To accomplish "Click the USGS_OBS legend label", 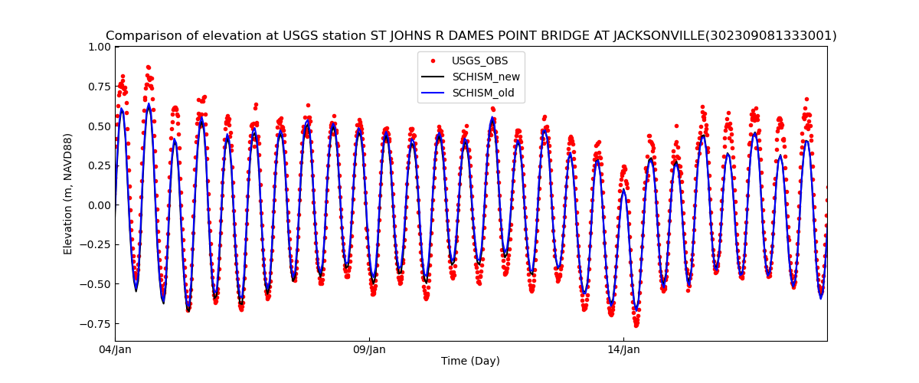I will [x=479, y=61].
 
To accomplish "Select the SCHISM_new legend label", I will [x=486, y=77].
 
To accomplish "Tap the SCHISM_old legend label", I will [x=482, y=93].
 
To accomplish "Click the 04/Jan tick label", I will [x=115, y=350].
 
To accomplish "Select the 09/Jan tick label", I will [x=369, y=350].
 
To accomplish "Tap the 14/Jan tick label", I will [x=623, y=350].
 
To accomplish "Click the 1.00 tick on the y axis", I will [x=99, y=47].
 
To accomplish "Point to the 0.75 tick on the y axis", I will [x=99, y=87].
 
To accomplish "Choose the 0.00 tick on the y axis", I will [x=99, y=205].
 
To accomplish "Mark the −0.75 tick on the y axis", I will [x=96, y=323].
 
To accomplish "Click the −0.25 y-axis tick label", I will [x=96, y=244].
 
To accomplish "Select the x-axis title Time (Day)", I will [x=470, y=362].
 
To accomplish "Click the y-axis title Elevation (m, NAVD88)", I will [x=68, y=194].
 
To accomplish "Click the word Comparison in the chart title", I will [x=141, y=36].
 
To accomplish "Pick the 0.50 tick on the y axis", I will [x=99, y=126].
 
